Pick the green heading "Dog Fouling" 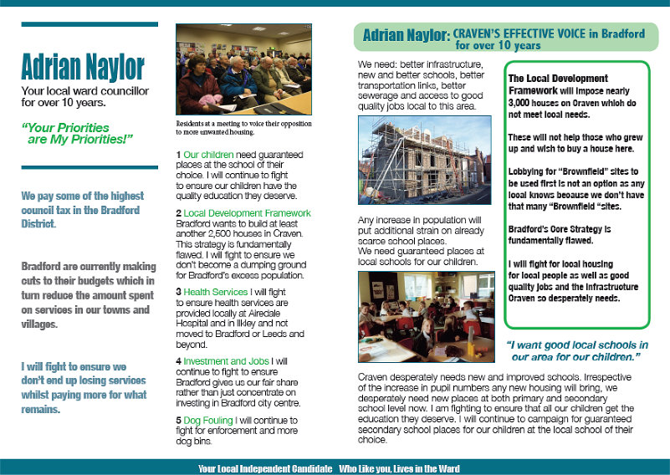[x=209, y=420]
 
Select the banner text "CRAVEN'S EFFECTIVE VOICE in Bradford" [x=549, y=33]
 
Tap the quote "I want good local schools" [x=576, y=351]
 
